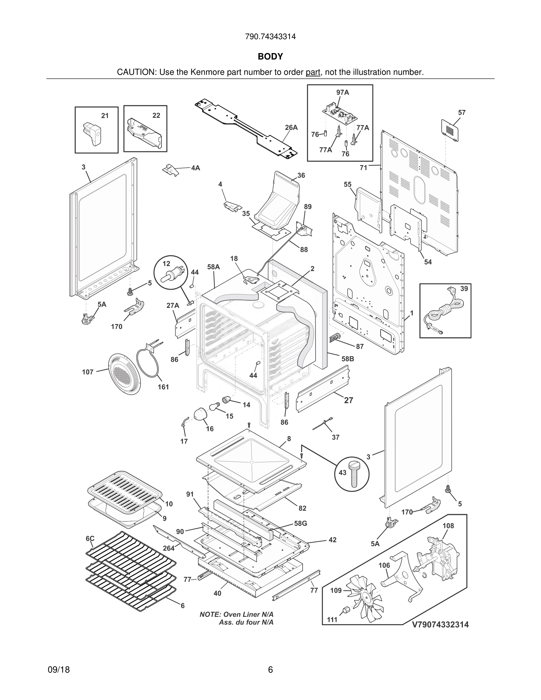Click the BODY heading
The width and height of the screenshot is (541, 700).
(x=270, y=57)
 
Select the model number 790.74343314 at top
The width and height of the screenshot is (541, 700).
(x=270, y=37)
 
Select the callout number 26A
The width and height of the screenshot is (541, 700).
(x=291, y=128)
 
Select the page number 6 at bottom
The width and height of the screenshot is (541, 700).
(x=270, y=670)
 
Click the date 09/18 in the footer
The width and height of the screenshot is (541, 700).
(x=59, y=670)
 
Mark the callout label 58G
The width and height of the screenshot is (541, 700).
(x=301, y=524)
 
